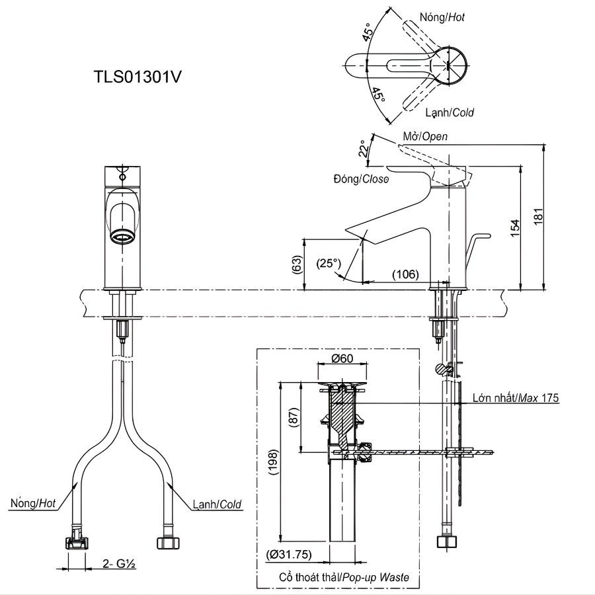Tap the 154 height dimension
516,225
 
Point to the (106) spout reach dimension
405,274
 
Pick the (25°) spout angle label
329,263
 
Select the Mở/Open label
425,137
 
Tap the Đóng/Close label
361,179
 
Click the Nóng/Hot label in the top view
442,18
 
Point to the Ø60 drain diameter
341,359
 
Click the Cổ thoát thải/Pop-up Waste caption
344,577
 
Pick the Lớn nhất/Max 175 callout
516,398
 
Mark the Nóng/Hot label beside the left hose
33,504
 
